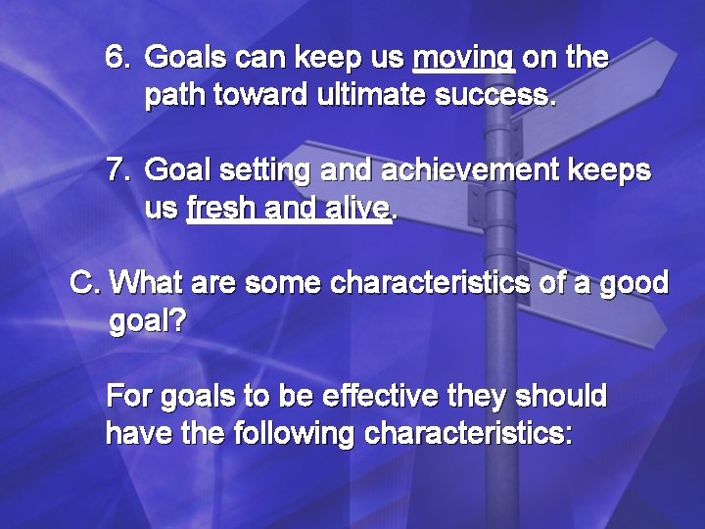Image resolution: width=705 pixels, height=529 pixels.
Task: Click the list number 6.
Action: coord(117,59)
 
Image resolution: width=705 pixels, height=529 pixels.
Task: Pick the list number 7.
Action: coord(117,171)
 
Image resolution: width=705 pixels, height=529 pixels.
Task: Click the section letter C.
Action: coord(86,284)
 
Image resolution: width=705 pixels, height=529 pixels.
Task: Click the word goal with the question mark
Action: coord(147,322)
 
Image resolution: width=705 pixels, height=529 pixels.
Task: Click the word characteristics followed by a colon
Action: coord(468,434)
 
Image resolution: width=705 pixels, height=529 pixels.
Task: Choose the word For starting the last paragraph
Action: coord(128,397)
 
